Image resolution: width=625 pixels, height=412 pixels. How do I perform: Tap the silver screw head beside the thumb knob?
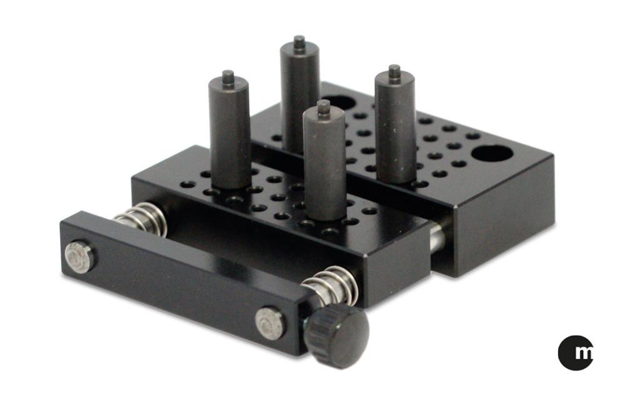click(x=270, y=323)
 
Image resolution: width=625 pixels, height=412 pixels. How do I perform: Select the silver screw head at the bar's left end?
click(x=79, y=256)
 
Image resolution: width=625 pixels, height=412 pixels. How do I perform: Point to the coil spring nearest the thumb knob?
click(x=331, y=286)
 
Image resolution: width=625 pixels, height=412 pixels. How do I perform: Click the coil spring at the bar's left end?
click(x=140, y=217)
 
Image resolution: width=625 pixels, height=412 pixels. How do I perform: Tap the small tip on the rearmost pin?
click(x=299, y=41)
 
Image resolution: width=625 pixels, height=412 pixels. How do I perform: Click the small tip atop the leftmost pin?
click(x=228, y=76)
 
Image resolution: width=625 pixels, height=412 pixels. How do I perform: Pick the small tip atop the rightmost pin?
click(x=394, y=71)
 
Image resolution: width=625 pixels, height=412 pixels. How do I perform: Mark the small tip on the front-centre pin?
click(x=323, y=107)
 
